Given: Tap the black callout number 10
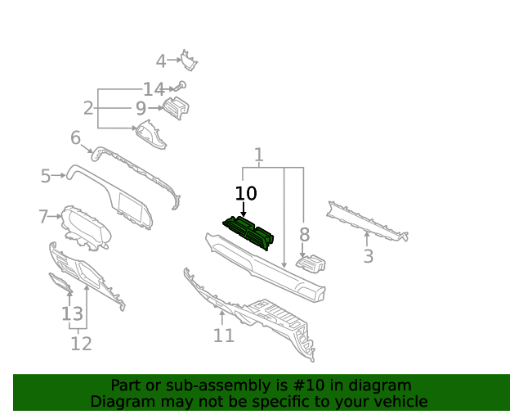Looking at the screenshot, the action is tap(246, 193).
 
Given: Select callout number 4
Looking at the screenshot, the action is tap(161, 61).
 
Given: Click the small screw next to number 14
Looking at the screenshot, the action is tap(181, 86).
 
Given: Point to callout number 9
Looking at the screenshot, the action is tap(141, 108).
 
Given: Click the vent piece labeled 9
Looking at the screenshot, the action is tap(176, 107).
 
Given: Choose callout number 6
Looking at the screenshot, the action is tap(76, 137).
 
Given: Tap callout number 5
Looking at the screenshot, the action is tap(46, 176).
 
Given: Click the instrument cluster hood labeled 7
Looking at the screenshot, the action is tap(86, 228).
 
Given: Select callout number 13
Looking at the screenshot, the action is tap(72, 314).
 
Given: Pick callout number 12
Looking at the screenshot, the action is tap(81, 344).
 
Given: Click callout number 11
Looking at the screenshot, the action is tap(223, 336).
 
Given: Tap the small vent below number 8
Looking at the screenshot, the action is tap(311, 263).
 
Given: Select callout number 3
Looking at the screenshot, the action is tap(368, 256).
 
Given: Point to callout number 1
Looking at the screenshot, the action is tap(258, 155).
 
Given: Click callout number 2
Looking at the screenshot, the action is tap(88, 108).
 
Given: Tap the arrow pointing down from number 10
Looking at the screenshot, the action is tap(244, 209).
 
